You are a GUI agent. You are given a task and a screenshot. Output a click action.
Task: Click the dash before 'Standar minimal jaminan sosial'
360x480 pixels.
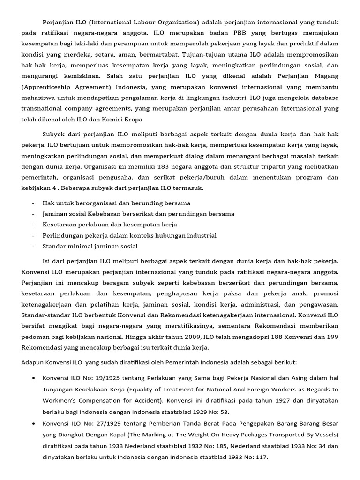pyautogui.click(x=33, y=246)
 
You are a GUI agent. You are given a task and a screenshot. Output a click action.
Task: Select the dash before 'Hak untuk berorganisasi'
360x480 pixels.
pyautogui.click(x=33, y=203)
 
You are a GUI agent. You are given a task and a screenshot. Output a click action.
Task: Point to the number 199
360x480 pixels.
pyautogui.click(x=329, y=337)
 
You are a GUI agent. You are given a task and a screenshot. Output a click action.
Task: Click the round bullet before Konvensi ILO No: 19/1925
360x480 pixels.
pyautogui.click(x=34, y=378)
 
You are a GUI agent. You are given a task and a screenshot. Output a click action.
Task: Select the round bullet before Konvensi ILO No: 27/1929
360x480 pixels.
pyautogui.click(x=34, y=423)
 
